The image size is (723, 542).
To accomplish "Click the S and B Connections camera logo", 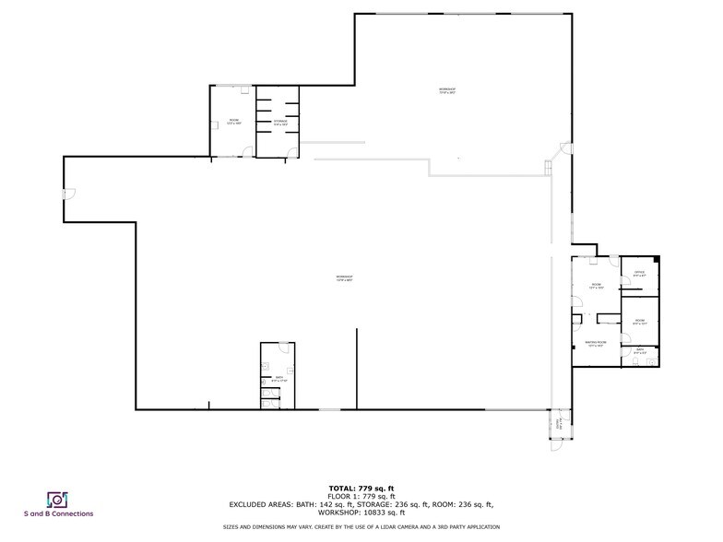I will point(57,500).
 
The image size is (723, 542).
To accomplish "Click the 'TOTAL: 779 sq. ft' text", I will point(361,487).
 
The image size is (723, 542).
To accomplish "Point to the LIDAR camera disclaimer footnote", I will point(361,527).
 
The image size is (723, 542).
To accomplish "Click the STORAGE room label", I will point(279,122).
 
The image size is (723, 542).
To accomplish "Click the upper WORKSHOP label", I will point(447,91).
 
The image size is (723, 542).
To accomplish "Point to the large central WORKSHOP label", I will point(344,278).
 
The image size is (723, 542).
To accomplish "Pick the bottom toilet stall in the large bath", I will point(267,401).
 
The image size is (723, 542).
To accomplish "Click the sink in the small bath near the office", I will point(653,361).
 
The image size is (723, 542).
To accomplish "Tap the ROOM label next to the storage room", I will point(234,122).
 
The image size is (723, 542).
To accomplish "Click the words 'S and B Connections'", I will point(57,514).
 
